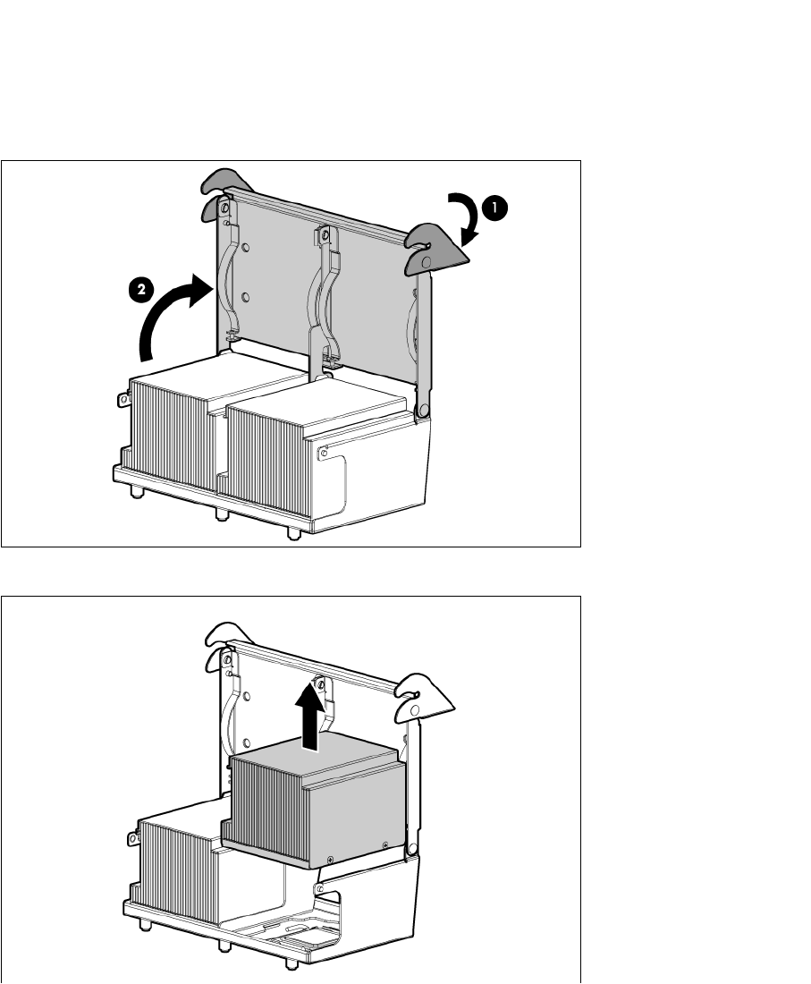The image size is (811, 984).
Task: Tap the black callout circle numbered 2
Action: coord(138,289)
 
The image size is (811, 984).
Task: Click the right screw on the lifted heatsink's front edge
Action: coord(385,844)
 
